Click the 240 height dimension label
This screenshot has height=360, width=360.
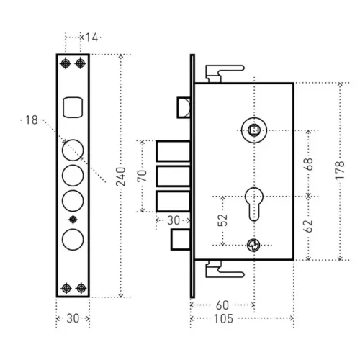[121, 177]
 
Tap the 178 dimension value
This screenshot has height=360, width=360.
[340, 171]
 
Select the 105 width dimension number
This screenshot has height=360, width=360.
[223, 319]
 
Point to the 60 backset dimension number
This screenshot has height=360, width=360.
[222, 305]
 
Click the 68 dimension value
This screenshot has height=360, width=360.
[309, 164]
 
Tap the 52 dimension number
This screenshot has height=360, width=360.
[222, 220]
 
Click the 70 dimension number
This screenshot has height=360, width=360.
[142, 176]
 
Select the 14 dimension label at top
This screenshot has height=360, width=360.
[91, 37]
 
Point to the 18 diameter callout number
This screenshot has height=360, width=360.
[32, 120]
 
